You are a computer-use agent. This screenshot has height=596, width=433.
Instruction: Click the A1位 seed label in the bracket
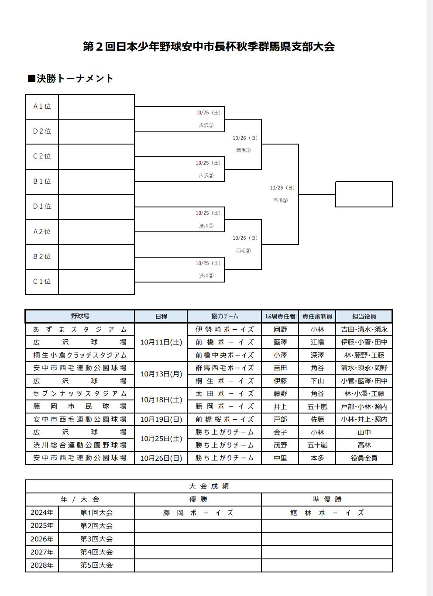42,107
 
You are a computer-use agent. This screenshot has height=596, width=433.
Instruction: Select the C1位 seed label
42,282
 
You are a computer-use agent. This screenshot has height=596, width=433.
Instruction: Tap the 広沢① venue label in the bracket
206,125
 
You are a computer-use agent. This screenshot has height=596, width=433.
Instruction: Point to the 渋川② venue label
206,276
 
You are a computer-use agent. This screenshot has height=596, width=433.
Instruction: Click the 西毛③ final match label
280,200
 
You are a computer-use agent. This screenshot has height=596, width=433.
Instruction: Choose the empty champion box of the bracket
364,194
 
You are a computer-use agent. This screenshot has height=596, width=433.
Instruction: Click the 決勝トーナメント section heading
71,79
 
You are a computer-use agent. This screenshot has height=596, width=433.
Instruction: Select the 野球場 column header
80,316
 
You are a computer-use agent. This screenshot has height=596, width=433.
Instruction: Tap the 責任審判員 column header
317,316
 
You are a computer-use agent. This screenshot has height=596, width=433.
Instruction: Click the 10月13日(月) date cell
161,374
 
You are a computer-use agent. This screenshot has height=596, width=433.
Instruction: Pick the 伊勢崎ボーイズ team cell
224,329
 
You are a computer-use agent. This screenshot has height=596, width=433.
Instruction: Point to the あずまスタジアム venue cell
80,329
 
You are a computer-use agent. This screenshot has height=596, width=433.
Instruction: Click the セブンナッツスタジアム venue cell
80,393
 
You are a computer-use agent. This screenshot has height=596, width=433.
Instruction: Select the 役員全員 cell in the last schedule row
364,458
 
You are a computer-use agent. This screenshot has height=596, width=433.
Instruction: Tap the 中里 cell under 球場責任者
280,458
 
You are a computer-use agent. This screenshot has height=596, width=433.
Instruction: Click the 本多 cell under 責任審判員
317,458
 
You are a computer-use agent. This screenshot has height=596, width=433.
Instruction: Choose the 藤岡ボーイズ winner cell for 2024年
198,513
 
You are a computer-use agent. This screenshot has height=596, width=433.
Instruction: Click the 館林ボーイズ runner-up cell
327,513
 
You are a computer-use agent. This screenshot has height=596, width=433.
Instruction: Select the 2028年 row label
42,565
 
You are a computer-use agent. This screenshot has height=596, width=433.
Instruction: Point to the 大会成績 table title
209,486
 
